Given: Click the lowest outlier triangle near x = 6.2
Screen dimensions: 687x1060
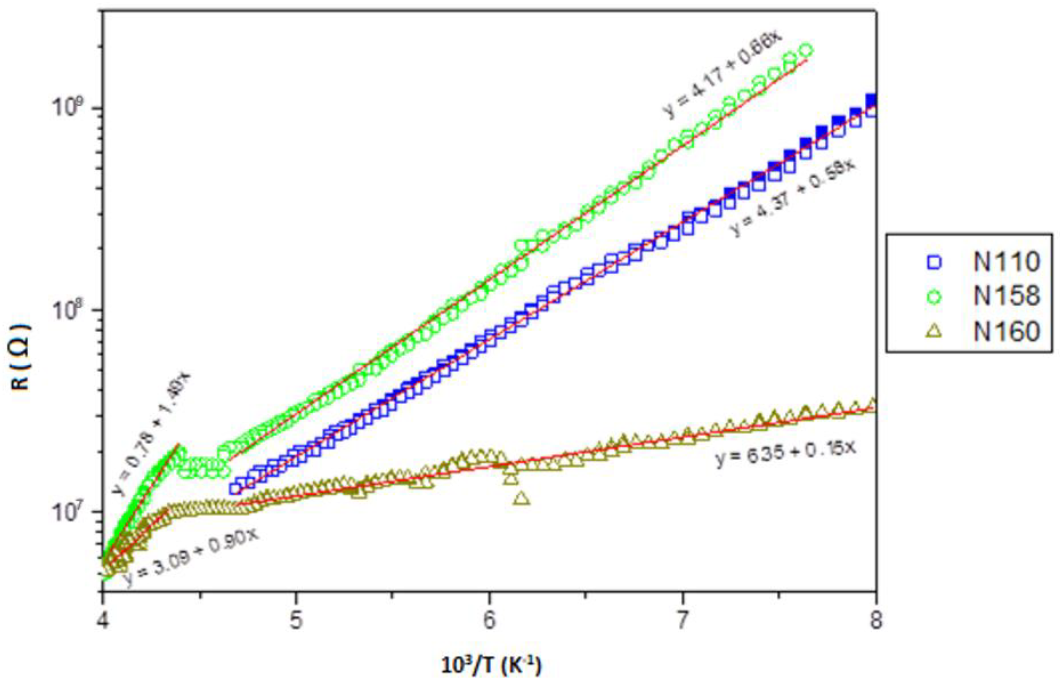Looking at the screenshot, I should click(522, 498).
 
